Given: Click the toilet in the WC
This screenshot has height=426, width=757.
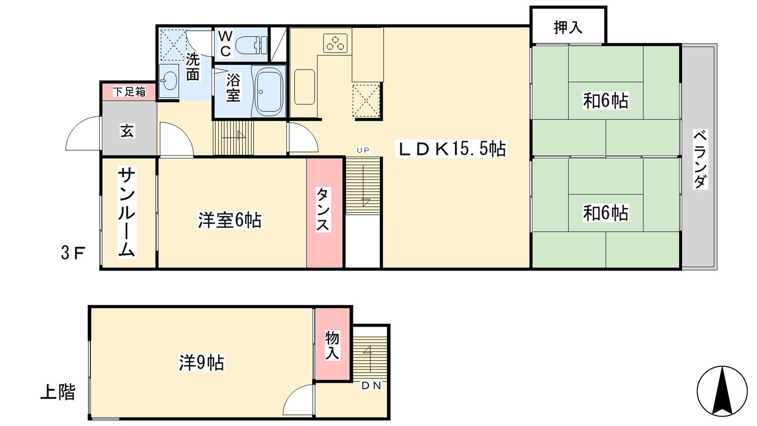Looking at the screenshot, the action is coord(251,45).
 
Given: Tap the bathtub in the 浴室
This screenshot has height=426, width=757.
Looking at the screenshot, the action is coord(269,92).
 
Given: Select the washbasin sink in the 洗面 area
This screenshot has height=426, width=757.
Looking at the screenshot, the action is coord(169,81).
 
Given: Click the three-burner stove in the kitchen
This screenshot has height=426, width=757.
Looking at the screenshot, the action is coord(335,43).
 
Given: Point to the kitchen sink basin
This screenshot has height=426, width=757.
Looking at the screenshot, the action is coord(305,87).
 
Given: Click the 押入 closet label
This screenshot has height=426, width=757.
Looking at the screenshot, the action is coord(568,27).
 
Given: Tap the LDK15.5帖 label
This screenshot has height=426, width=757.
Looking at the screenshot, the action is coord(451,149).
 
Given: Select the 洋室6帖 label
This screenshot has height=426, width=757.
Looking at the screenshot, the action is coord(230,220).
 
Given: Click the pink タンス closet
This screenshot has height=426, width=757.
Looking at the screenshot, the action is coord(325,213).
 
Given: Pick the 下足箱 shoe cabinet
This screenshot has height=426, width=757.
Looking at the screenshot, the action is coord(129,91).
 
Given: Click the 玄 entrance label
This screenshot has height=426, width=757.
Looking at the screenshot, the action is coord(127,131).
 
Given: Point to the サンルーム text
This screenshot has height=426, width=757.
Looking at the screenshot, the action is coord(127,213).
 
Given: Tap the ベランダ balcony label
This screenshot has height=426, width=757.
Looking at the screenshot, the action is coord(700,159).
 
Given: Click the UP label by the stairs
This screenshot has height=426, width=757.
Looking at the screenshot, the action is coord(363,150).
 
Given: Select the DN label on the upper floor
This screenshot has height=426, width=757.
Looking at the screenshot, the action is coord(371,385).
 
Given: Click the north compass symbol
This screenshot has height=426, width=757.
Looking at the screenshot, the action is coord(722,391).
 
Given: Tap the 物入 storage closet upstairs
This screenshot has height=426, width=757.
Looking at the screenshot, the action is coord(333,345).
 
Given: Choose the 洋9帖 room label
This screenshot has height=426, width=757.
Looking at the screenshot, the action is coord(202,363).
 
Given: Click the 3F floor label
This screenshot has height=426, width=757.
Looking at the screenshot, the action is coord(73,253).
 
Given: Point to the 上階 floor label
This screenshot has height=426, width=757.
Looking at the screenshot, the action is coord(58,392).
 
